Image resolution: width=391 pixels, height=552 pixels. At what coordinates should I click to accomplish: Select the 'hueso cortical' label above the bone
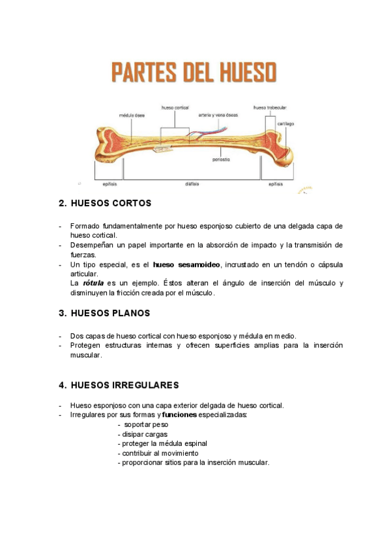[x=174, y=107]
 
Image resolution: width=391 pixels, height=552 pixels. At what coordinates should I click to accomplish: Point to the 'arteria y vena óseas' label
[x=218, y=115]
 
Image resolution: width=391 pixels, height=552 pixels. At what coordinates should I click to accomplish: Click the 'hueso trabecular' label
[x=270, y=107]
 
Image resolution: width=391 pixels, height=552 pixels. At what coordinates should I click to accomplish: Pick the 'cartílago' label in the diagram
[x=285, y=124]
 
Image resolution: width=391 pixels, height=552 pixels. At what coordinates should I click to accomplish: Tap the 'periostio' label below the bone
[x=221, y=159]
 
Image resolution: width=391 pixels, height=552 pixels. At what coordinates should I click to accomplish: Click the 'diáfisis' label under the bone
[x=192, y=184]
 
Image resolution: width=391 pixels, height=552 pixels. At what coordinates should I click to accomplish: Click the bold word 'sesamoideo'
[x=199, y=265]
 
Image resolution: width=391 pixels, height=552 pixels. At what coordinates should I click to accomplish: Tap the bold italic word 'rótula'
[x=92, y=283]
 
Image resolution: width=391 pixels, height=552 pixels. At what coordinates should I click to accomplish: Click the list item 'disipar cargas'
[x=143, y=434]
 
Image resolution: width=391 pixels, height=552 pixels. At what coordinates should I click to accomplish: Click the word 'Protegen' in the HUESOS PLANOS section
[x=85, y=345]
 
